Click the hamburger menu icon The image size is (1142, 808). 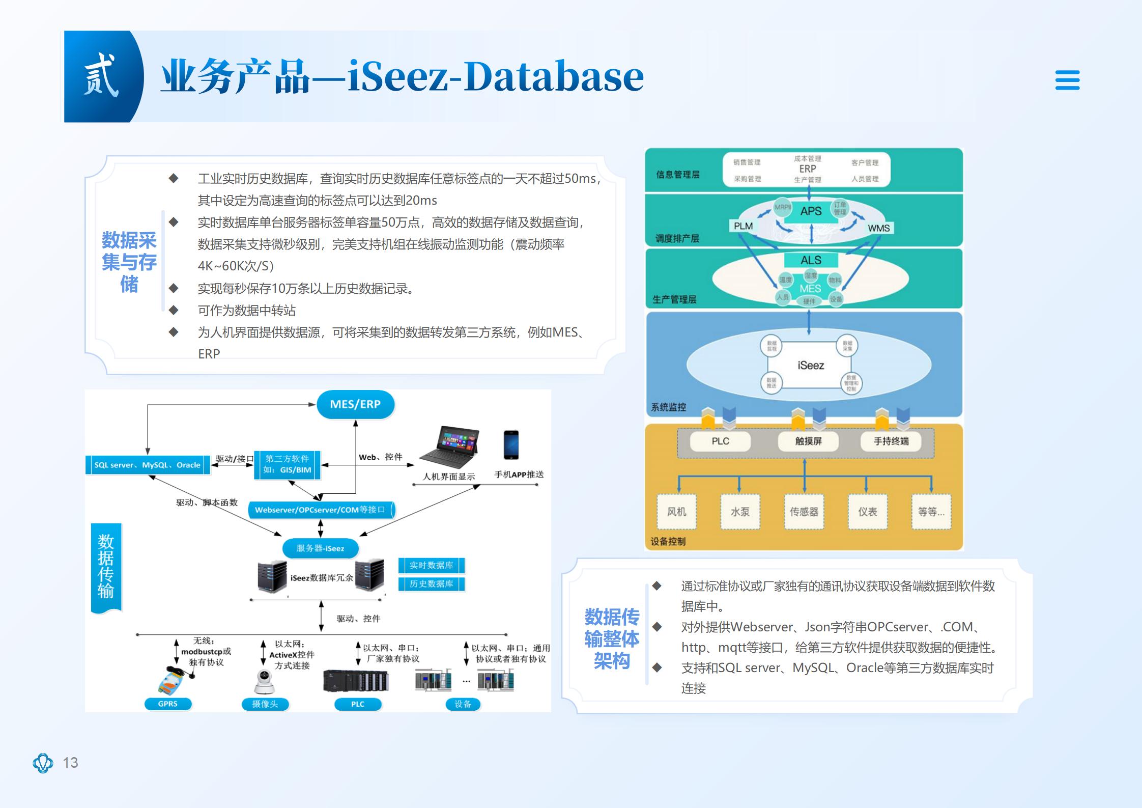1067,80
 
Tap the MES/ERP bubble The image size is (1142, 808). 355,405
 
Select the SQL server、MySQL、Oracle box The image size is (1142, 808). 148,465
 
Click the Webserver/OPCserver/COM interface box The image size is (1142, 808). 321,510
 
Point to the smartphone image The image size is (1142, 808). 511,445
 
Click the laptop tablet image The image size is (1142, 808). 449,447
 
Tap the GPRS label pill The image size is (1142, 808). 168,704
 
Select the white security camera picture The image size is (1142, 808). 264,682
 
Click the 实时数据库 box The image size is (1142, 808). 431,565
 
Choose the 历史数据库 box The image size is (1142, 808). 431,584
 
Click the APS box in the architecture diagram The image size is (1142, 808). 811,211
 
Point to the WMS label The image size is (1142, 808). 879,228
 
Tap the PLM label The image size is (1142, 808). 744,226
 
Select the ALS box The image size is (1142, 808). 811,260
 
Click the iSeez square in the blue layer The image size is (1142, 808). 810,365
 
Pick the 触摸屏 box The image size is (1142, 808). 808,441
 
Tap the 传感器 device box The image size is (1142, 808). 804,512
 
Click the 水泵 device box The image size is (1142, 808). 740,512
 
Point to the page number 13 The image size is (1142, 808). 70,762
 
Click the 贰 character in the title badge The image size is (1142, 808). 101,76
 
